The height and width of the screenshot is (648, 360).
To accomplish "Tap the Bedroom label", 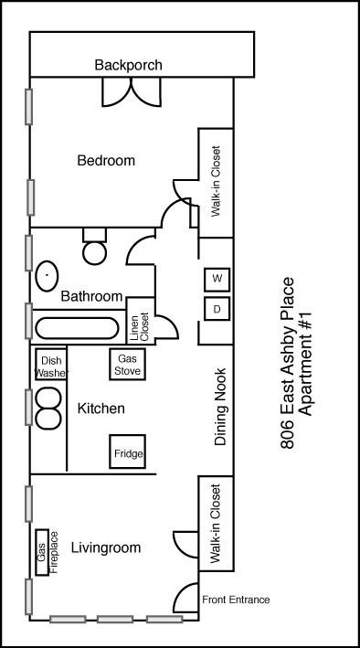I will click(105, 161).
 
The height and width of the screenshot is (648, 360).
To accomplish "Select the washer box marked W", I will click(217, 278).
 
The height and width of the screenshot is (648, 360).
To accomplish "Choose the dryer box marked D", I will click(217, 309).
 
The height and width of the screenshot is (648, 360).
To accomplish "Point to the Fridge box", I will click(128, 452).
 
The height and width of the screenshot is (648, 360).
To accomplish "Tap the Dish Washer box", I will click(50, 366).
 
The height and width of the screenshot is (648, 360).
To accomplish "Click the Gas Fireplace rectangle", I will click(41, 552).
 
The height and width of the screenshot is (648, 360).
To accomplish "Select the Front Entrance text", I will click(236, 600).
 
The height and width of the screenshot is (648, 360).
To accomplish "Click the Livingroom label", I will click(107, 548).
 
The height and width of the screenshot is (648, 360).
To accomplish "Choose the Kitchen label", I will click(101, 409).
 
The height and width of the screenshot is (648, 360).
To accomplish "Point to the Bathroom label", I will click(91, 297).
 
